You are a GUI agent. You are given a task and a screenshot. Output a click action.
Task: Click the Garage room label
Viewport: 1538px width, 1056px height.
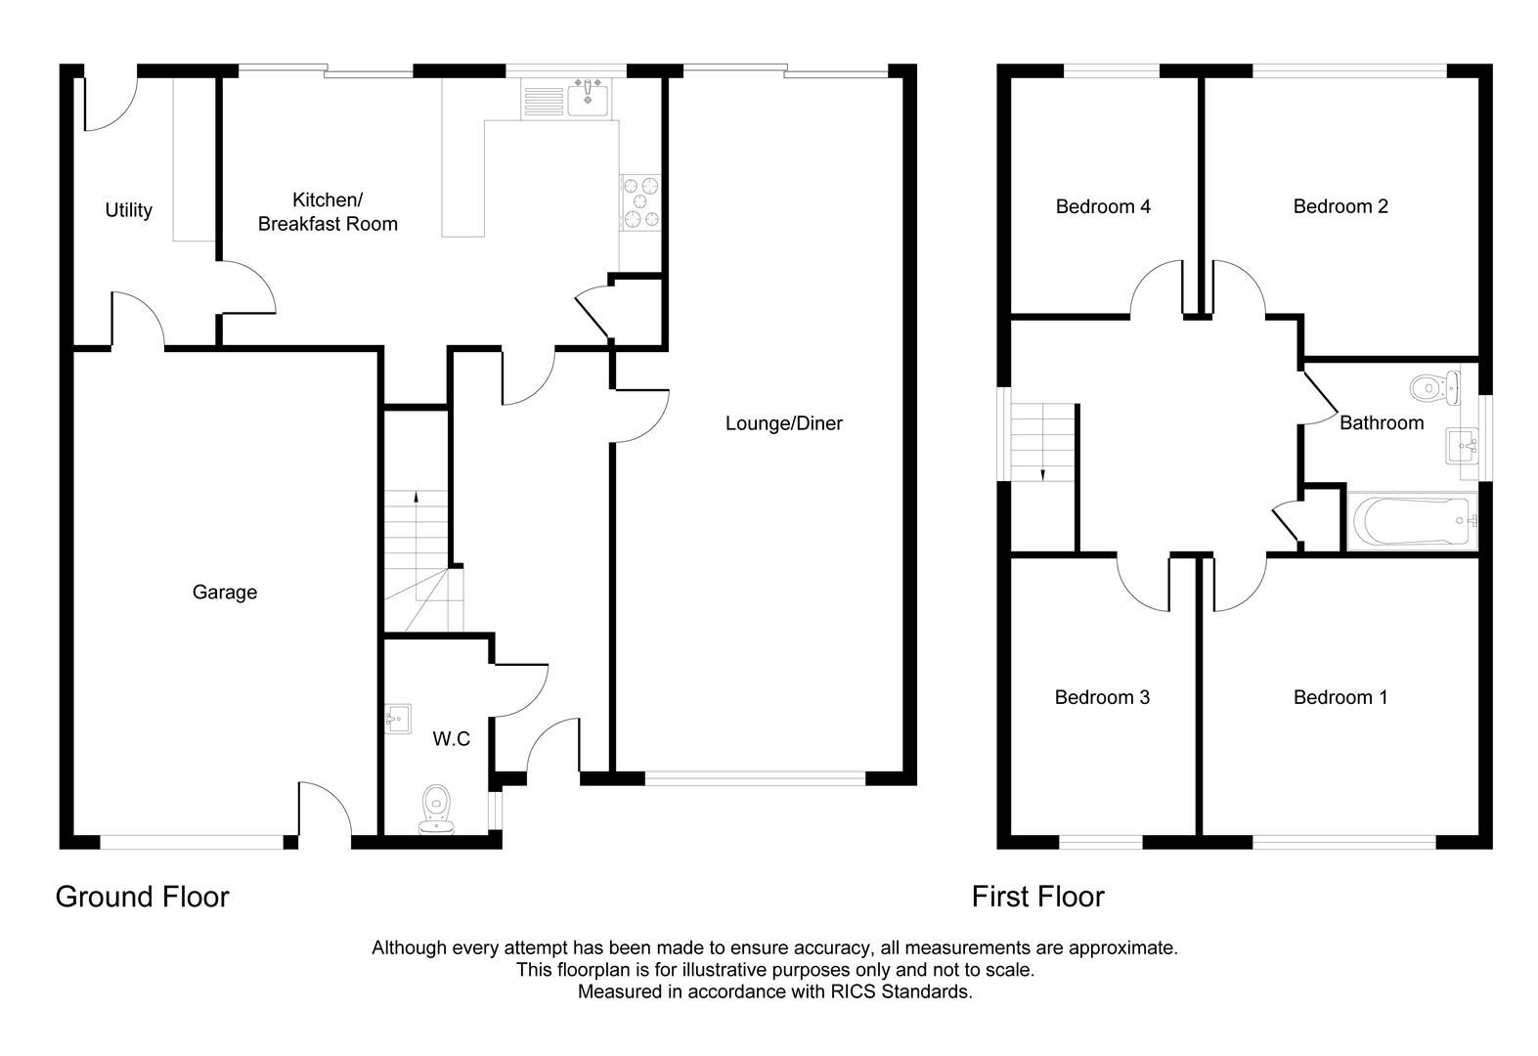tap(224, 592)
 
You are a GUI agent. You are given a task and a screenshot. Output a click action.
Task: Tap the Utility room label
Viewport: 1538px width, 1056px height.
tap(128, 210)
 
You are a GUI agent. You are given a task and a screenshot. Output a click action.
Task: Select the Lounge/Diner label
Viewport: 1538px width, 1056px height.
tap(783, 423)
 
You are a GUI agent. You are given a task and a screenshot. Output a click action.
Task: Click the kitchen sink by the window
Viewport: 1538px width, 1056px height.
tap(589, 99)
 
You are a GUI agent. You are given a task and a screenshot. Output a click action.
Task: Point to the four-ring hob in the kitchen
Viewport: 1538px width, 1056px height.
tap(639, 202)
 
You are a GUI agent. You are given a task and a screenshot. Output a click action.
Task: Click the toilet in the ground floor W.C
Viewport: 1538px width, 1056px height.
tap(436, 811)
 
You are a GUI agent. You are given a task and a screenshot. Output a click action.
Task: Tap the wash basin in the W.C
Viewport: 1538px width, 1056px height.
tap(398, 719)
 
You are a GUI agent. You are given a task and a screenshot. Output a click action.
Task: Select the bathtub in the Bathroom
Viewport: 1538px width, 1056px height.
tap(1411, 520)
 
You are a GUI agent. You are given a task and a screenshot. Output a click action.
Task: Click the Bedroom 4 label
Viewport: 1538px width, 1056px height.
tap(1103, 206)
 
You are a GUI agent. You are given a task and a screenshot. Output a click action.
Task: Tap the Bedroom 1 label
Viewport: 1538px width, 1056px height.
tap(1340, 697)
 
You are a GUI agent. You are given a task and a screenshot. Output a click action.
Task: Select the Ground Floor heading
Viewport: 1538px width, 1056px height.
tap(142, 897)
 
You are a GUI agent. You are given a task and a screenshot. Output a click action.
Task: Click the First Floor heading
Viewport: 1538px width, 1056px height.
tap(1037, 897)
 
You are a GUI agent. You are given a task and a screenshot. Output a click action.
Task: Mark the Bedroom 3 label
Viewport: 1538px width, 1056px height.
tap(1102, 697)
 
